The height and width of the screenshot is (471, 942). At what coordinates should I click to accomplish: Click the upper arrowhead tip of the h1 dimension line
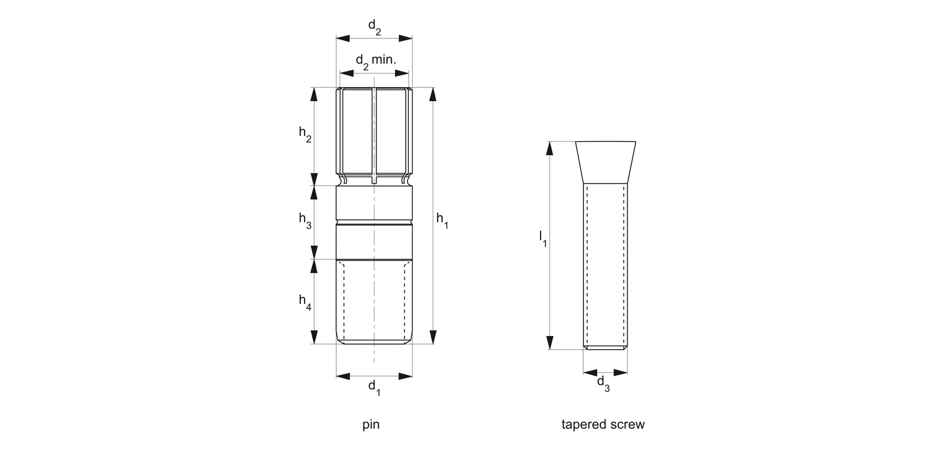[433, 88]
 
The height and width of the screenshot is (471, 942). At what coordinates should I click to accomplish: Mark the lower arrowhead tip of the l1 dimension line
[549, 349]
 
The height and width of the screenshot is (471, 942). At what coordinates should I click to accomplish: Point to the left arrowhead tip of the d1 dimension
[337, 376]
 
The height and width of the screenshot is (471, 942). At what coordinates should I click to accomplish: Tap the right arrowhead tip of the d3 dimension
[627, 372]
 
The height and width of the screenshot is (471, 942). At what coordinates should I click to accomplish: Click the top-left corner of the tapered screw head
[576, 142]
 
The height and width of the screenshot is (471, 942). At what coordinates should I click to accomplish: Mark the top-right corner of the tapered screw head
[636, 142]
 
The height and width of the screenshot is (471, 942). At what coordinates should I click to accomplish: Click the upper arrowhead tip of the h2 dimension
[314, 88]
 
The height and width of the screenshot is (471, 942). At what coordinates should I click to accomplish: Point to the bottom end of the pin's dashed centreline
[374, 362]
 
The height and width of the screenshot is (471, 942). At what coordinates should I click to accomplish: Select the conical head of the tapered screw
[605, 162]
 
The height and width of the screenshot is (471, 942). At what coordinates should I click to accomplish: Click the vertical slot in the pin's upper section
[374, 136]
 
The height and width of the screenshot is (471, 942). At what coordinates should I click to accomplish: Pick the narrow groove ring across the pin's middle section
[374, 222]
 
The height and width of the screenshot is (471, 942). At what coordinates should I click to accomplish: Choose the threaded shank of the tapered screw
[605, 266]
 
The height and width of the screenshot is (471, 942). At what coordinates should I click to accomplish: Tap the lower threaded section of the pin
[374, 302]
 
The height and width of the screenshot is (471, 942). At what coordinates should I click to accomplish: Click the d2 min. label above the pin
[376, 62]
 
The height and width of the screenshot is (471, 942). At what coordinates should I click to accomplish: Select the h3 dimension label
[305, 220]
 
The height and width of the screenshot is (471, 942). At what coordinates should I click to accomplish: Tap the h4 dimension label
[305, 302]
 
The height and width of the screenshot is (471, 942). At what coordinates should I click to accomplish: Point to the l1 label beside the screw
[543, 239]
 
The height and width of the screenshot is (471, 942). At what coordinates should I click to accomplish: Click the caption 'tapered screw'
[603, 425]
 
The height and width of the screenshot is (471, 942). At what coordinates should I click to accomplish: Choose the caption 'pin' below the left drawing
[371, 425]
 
